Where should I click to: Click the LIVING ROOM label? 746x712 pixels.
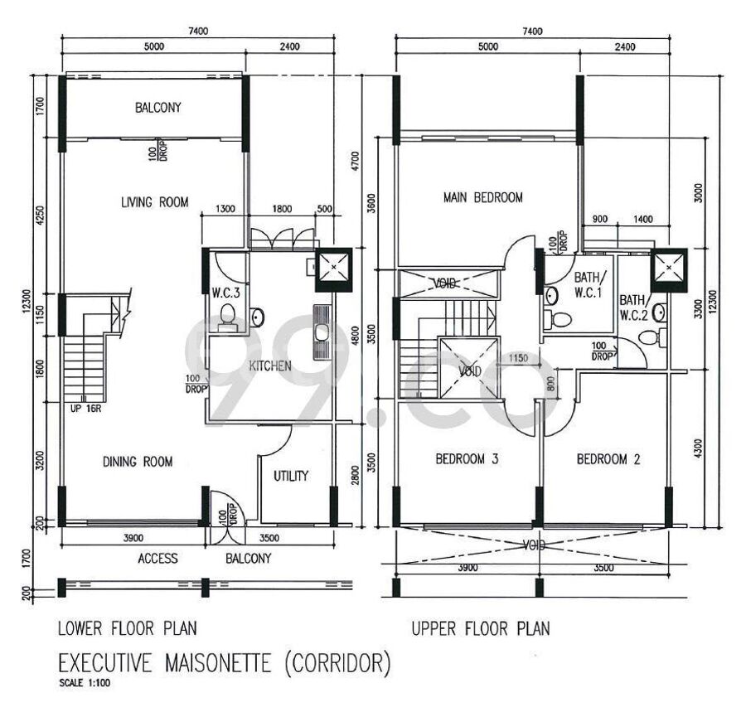[x=155, y=202]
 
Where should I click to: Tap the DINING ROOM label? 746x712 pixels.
[x=138, y=462]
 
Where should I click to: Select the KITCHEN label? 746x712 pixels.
[x=270, y=366]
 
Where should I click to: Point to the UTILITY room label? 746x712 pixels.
[x=291, y=476]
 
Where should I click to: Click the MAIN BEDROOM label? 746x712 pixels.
[x=483, y=197]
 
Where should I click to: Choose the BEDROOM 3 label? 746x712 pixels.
[x=467, y=459]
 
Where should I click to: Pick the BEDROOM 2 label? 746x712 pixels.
[x=608, y=459]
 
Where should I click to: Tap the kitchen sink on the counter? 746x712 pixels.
[x=321, y=332]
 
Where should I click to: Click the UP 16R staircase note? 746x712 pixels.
[x=85, y=408]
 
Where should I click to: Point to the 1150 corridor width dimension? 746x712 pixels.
[x=518, y=358]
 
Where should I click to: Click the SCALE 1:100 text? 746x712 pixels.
[x=85, y=683]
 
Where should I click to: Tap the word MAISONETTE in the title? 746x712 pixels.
[x=218, y=663]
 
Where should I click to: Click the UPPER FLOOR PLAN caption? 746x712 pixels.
[x=481, y=629]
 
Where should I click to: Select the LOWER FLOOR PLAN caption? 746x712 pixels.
[x=128, y=629]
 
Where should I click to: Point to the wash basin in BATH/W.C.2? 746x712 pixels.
[x=660, y=312]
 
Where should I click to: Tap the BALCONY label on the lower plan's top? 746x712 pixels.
[x=158, y=108]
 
